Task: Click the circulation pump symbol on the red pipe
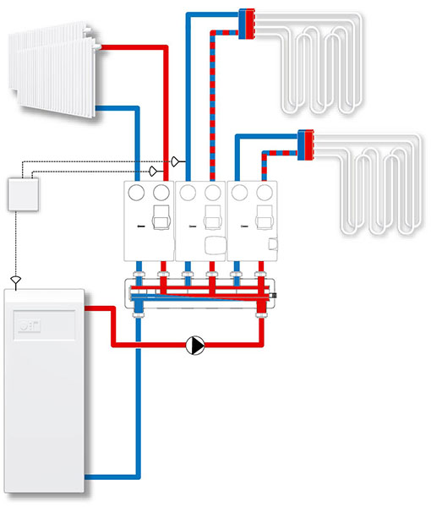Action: coord(196,345)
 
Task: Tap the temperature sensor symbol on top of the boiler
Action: coord(14,278)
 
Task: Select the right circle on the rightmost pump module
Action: coord(265,194)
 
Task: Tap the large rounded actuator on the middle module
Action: coord(215,246)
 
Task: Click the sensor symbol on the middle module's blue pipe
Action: coord(176,161)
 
